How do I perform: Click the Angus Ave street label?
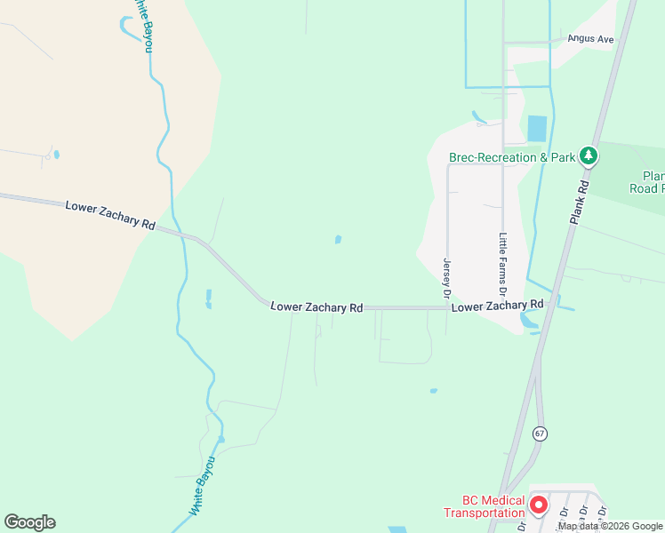pos(593,40)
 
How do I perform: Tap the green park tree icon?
pos(588,157)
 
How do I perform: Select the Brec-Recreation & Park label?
pos(511,157)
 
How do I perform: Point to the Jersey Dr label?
pos(447,278)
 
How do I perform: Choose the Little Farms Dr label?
pos(502,264)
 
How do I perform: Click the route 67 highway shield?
pos(540,434)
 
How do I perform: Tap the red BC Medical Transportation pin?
pos(538,505)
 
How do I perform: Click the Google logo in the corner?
pos(30,522)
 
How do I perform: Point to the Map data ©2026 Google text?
pos(610,527)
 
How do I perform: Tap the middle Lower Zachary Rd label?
pos(316,306)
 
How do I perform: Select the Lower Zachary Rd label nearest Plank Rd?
pos(497,306)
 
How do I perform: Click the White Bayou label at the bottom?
pos(203,487)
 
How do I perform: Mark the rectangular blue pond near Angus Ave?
pos(537,129)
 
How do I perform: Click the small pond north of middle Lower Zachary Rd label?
pos(338,239)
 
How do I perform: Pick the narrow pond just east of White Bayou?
pos(208,298)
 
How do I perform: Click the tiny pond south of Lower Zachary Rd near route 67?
pos(433,391)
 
